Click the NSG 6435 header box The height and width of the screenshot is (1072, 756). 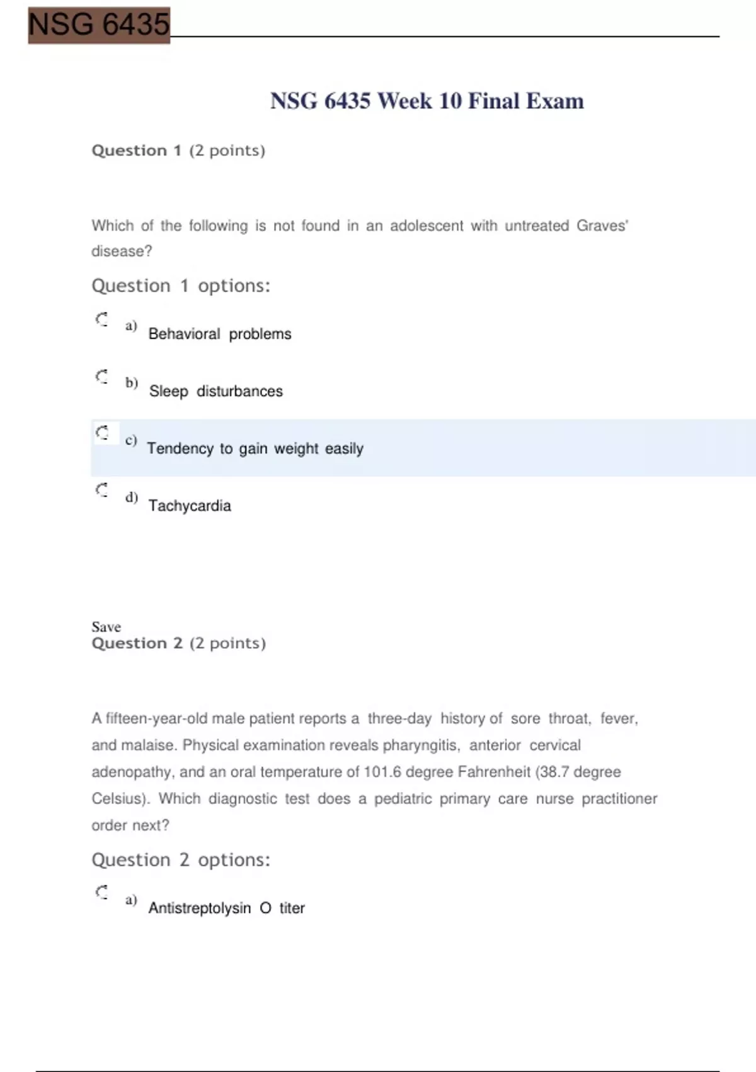coord(99,25)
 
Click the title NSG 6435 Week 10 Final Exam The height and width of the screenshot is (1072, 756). coord(427,101)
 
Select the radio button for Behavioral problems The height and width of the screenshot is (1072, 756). coord(102,319)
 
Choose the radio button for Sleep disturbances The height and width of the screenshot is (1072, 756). coord(102,376)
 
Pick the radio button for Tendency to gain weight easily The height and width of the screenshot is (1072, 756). coord(102,433)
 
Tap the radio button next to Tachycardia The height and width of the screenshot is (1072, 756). coord(102,490)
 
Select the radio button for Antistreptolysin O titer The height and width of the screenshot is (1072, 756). coord(102,892)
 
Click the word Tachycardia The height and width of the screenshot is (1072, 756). coord(190,506)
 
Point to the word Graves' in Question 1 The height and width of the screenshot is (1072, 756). coord(602,226)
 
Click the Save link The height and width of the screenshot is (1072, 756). coord(106,627)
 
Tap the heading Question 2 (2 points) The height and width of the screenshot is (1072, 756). coord(178,643)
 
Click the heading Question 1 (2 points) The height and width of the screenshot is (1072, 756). coord(178,151)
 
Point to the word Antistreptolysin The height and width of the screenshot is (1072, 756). coord(199,908)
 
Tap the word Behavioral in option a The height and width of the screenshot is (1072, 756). coord(184,334)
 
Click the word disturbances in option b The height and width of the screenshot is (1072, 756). coord(239,392)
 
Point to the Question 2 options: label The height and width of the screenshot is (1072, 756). coord(181,860)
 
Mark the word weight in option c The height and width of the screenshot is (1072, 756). coord(296,449)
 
